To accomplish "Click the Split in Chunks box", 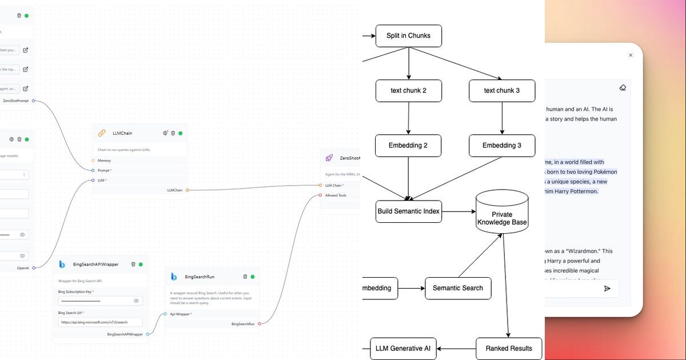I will [408, 35].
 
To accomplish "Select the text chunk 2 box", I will [408, 90].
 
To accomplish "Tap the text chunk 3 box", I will [501, 90].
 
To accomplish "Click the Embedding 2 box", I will [408, 145].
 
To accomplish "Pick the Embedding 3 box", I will [501, 145].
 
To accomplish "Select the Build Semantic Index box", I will [408, 211].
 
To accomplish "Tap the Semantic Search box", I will [457, 288].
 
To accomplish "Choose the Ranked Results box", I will [508, 348].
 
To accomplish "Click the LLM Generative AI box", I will [403, 348].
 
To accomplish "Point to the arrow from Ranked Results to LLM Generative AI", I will [456, 348].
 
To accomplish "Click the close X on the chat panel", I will [631, 55].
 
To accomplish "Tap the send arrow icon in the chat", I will [607, 289].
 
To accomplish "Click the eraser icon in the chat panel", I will [623, 87].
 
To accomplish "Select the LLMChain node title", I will [122, 133].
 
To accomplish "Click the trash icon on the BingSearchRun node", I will [245, 277].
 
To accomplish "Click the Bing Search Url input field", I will [100, 322].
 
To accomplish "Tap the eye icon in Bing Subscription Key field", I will [136, 301].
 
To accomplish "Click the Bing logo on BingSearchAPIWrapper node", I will [62, 264].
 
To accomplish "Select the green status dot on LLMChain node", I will [180, 133].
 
